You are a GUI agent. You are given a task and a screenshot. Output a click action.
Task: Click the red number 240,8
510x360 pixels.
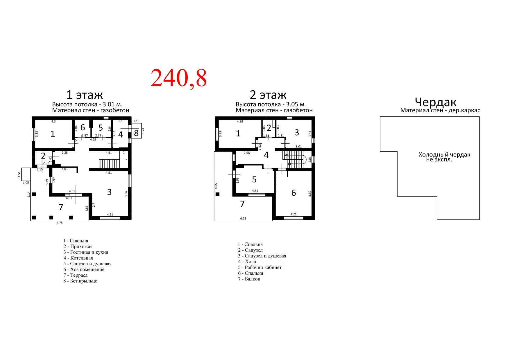(x=179, y=78)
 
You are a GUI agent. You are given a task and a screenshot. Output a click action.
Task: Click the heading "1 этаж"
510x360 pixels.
(x=85, y=95)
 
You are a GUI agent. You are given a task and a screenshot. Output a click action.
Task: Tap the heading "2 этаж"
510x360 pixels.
(x=268, y=95)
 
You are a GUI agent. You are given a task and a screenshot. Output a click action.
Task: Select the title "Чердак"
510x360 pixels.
(x=436, y=102)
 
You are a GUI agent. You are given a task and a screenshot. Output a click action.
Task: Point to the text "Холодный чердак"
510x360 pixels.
(x=444, y=155)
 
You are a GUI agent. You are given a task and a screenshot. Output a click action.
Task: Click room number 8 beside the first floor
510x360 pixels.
(x=136, y=133)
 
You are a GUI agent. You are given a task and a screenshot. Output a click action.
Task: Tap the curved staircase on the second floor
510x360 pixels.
(x=294, y=159)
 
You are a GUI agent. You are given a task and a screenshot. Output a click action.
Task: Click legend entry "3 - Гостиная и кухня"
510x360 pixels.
(x=86, y=252)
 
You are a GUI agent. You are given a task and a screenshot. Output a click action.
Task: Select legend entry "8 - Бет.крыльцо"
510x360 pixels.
(x=80, y=281)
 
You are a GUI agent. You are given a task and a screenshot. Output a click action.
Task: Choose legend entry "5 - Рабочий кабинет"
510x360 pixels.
(x=260, y=267)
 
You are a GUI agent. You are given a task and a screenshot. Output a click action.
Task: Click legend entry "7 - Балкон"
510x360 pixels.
(x=249, y=279)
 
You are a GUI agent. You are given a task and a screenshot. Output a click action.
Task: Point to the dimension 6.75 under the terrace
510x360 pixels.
(x=60, y=223)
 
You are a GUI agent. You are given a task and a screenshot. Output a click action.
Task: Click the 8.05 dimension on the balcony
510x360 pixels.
(x=216, y=186)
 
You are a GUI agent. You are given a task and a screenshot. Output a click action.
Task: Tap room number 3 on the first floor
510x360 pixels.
(x=109, y=192)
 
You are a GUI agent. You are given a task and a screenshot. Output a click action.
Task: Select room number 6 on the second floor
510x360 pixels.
(x=294, y=193)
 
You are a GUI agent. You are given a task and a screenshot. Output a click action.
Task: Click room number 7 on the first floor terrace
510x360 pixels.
(x=61, y=207)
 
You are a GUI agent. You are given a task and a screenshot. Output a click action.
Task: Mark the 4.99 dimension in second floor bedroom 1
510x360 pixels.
(x=240, y=122)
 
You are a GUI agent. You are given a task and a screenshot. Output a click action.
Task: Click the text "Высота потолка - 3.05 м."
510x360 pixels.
(x=271, y=104)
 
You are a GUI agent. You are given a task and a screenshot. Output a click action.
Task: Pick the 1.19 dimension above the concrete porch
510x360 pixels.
(x=136, y=121)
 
